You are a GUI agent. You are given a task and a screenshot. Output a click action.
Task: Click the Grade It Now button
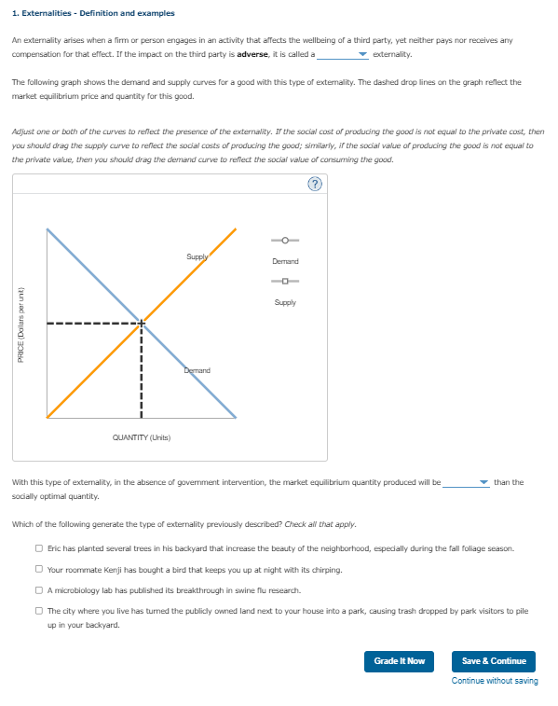coord(399,661)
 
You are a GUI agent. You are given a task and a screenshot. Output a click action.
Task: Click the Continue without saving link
coord(495,681)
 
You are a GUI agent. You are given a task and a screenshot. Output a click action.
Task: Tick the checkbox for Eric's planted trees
coord(39,549)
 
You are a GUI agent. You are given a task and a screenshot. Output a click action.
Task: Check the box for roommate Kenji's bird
coord(39,570)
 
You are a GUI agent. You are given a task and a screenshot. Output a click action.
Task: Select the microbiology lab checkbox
coord(39,590)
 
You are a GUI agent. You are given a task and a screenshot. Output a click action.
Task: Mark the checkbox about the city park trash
coord(39,611)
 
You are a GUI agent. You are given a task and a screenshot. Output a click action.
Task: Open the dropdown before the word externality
coord(342,55)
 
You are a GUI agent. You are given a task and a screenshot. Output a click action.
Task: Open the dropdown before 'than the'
coord(466,483)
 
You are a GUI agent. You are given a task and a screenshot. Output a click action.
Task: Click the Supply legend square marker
coord(285,284)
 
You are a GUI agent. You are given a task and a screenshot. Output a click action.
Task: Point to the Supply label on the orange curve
coord(197,256)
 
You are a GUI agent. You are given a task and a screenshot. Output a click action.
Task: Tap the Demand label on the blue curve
coord(197,370)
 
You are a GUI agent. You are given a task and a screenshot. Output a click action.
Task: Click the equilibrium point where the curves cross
coord(142,324)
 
